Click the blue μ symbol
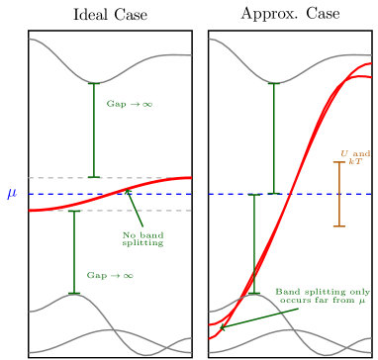12,195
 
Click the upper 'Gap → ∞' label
130,104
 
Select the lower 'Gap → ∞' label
110,276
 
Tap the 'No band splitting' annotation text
142,239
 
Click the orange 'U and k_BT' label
356,157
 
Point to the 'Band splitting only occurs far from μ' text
323,297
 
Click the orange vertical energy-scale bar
339,195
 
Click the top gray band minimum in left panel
93,82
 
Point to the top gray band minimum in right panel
273,82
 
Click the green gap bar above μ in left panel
93,130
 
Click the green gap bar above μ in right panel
273,138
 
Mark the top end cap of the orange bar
339,162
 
